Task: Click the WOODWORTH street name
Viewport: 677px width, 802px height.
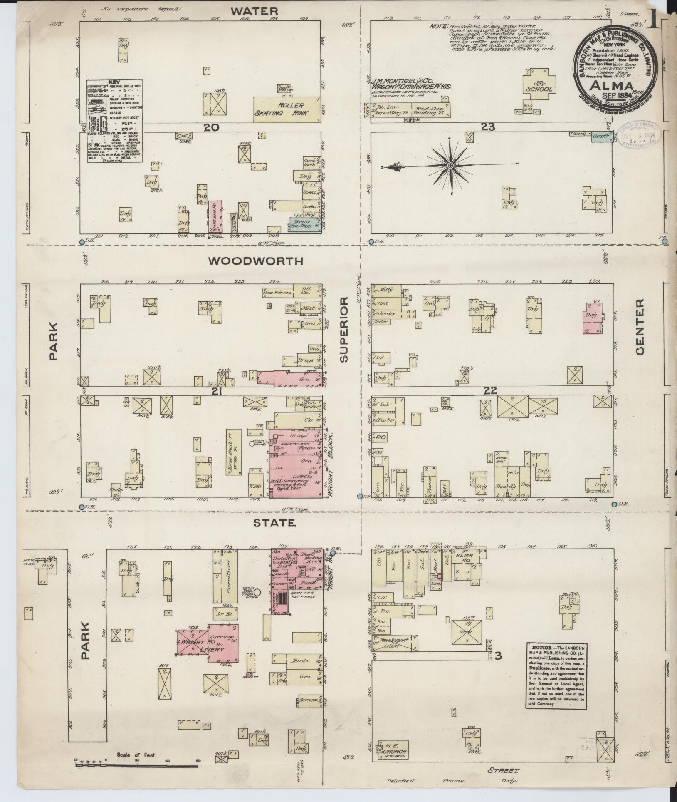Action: click(x=255, y=261)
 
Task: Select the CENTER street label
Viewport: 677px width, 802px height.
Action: click(x=639, y=327)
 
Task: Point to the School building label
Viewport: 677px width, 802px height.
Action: click(x=539, y=89)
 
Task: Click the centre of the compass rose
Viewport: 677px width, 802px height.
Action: click(x=450, y=166)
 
